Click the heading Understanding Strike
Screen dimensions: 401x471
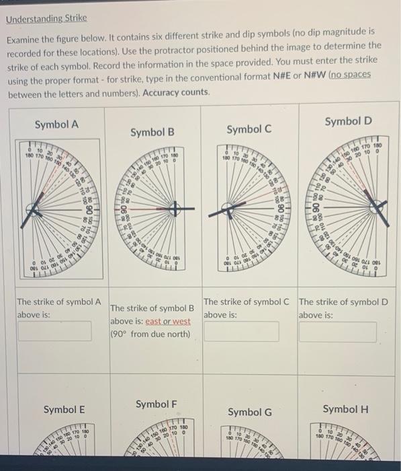(x=46, y=18)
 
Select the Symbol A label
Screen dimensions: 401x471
(x=56, y=124)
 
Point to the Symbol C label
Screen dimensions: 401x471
(x=249, y=129)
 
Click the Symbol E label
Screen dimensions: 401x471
(x=64, y=409)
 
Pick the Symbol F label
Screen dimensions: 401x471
(x=157, y=404)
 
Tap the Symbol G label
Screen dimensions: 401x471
(x=250, y=411)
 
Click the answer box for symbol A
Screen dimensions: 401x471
(x=54, y=330)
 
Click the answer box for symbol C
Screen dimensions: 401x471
(x=241, y=330)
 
